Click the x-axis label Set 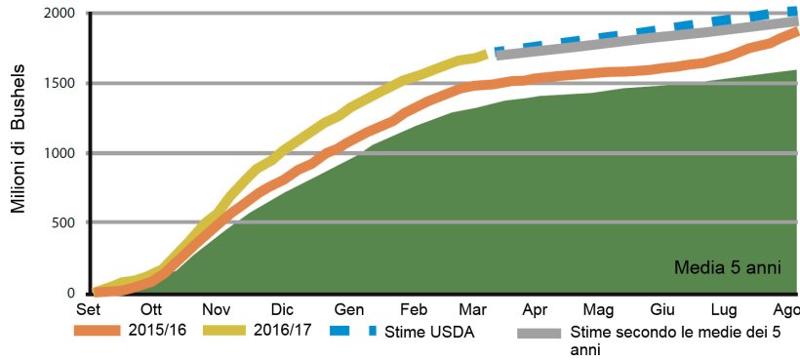pyautogui.click(x=89, y=309)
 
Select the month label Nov pyautogui.click(x=215, y=309)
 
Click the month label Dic pyautogui.click(x=282, y=309)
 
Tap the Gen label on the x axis pyautogui.click(x=349, y=309)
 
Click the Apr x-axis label pyautogui.click(x=534, y=309)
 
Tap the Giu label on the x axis pyautogui.click(x=661, y=309)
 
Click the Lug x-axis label pyautogui.click(x=725, y=309)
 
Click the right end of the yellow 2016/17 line pyautogui.click(x=485, y=55)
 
